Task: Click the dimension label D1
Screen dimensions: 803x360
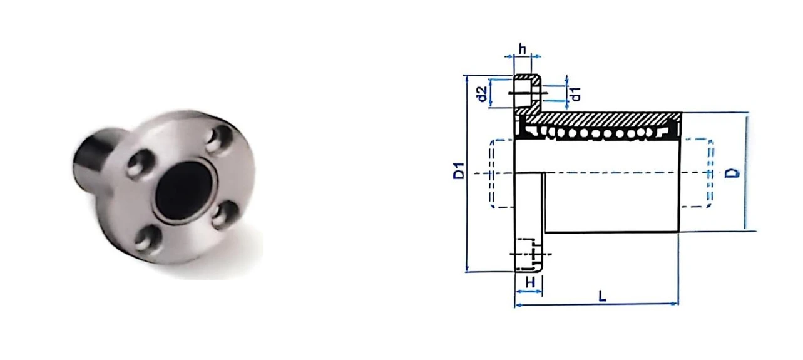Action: [459, 171]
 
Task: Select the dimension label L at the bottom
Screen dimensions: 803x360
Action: [603, 296]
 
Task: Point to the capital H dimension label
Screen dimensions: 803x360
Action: [530, 282]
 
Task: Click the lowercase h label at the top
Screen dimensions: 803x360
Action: [523, 49]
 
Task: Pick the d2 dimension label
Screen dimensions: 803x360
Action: [483, 94]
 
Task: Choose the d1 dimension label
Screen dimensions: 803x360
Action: [575, 94]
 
